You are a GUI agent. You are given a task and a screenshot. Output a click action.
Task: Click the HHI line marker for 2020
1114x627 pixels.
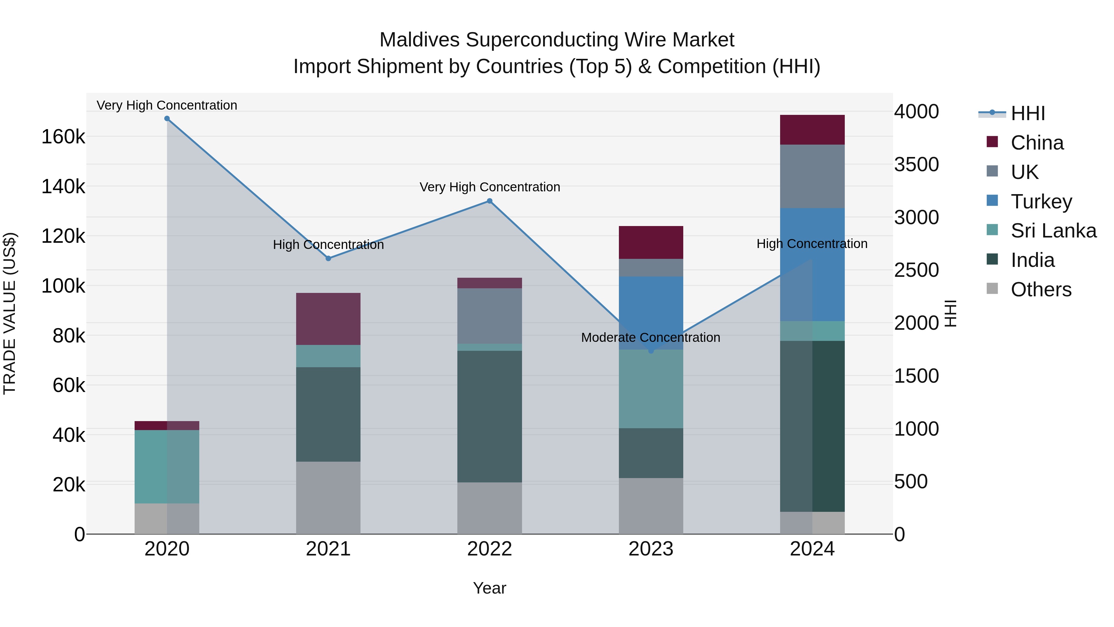point(167,119)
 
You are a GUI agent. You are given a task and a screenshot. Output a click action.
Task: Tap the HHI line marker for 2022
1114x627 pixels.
point(490,201)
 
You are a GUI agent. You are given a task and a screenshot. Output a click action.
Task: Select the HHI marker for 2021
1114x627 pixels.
point(328,258)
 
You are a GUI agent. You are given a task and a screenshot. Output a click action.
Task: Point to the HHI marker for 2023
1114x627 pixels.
point(651,351)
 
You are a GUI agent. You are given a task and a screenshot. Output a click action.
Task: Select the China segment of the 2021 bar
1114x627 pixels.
point(328,319)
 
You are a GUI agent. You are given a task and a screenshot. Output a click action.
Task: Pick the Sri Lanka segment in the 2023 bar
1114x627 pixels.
point(651,389)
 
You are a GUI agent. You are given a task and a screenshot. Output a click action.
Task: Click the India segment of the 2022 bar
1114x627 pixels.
point(490,416)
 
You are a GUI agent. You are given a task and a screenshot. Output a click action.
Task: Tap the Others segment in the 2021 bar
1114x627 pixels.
point(328,498)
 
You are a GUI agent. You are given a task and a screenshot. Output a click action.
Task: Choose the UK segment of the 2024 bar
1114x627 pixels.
point(812,176)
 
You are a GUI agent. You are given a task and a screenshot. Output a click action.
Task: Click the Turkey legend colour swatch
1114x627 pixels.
point(992,201)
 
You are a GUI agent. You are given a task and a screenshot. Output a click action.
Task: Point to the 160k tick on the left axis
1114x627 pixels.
point(63,137)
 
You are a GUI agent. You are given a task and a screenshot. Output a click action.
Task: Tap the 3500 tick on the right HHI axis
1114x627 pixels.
point(916,164)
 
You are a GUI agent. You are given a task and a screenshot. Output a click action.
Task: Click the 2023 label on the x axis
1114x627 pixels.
point(651,549)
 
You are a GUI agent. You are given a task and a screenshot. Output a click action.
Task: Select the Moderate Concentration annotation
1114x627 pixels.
point(650,337)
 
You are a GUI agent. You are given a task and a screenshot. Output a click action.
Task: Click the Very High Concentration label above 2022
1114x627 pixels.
point(490,187)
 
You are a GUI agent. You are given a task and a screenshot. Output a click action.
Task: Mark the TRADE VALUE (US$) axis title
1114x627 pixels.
point(10,313)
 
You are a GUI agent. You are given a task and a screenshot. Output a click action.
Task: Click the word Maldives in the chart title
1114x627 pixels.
point(419,40)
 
